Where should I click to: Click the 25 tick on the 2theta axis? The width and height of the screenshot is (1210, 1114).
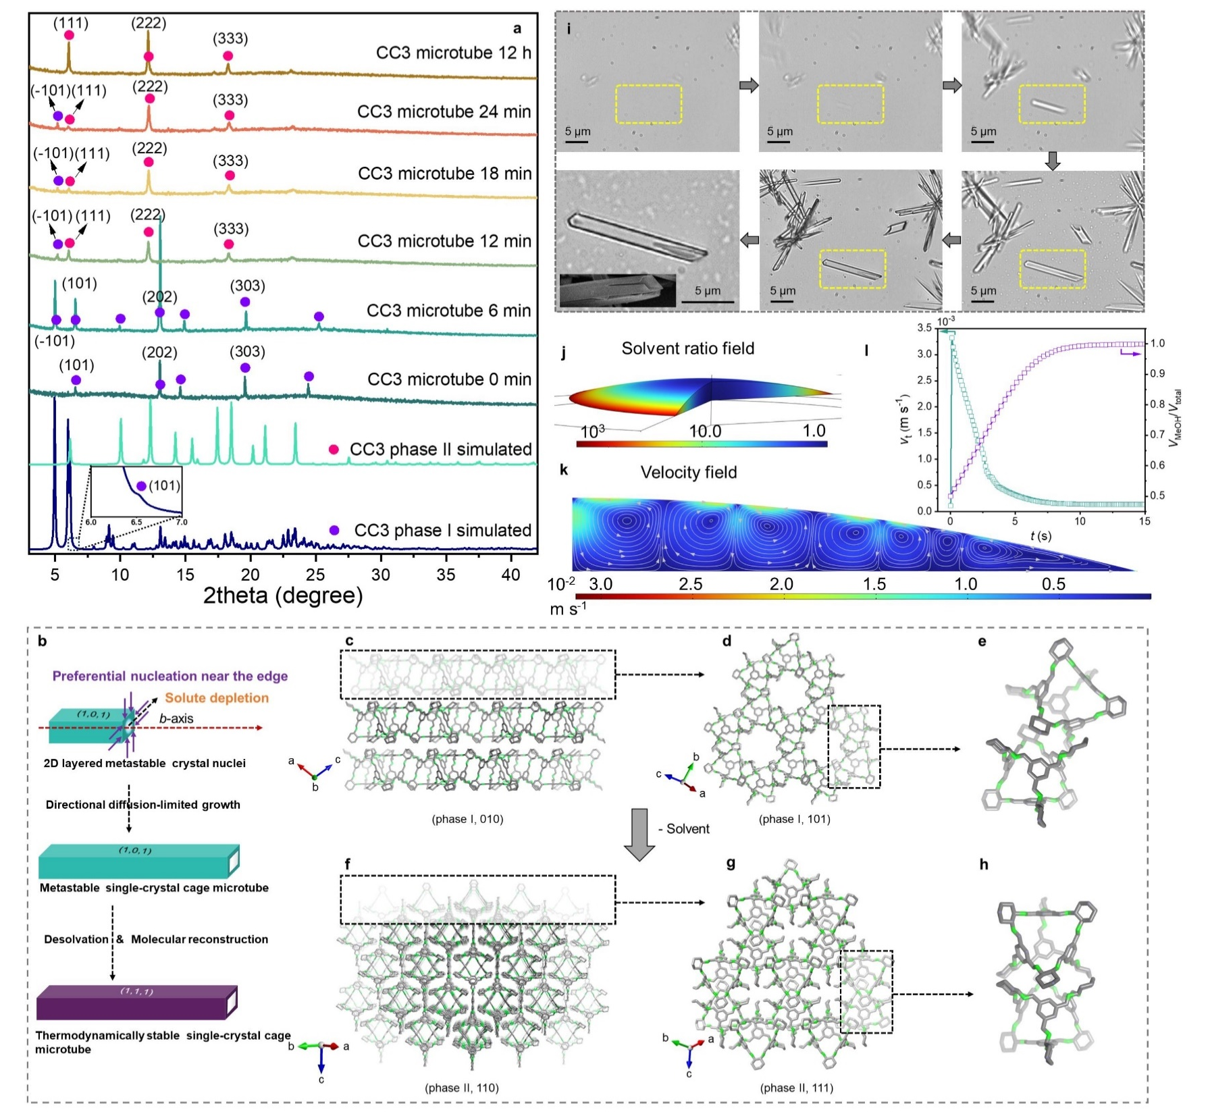(x=316, y=575)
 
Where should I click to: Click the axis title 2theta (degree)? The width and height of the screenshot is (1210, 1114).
(x=283, y=595)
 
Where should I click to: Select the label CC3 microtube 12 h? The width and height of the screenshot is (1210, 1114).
(x=453, y=53)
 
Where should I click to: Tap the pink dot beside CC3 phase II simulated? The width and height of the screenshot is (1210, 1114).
(x=333, y=450)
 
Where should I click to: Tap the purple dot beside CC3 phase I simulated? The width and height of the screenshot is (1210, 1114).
(x=334, y=531)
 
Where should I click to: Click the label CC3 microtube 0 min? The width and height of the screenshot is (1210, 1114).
(x=449, y=379)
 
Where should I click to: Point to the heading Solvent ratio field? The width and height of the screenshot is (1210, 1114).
(x=687, y=348)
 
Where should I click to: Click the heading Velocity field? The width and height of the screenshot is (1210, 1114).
(x=688, y=473)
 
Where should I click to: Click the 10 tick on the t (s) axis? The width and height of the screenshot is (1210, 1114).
(x=1080, y=521)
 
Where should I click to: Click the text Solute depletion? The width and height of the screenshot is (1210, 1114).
(x=217, y=698)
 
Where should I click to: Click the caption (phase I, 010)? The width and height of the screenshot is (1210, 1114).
(x=468, y=819)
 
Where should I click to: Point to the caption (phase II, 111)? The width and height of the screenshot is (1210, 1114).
(x=797, y=1088)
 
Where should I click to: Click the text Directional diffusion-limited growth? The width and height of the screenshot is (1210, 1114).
(x=143, y=805)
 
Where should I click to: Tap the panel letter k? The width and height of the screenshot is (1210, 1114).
(x=564, y=469)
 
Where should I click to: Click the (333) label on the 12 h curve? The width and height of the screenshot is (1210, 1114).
(x=230, y=38)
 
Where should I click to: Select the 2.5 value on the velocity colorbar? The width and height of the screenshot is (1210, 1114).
(x=690, y=584)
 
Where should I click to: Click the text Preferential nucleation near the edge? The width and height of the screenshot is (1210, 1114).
(x=170, y=676)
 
